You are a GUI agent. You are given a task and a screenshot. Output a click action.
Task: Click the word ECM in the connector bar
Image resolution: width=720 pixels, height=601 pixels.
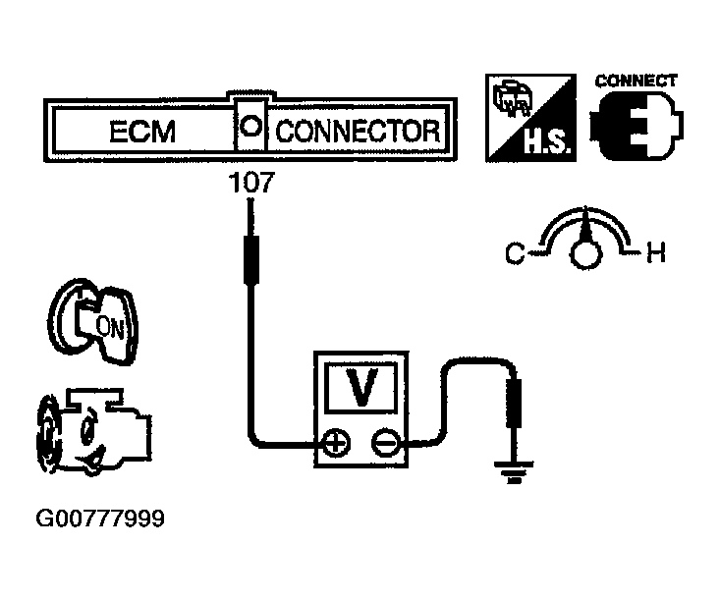pos(141,132)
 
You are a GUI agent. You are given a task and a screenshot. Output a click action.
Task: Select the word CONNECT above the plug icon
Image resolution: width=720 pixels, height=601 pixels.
pos(637,82)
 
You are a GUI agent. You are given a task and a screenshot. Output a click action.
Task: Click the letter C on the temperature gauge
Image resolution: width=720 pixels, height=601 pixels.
pos(515,255)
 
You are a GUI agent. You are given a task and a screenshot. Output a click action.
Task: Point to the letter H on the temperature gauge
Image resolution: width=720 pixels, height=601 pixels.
pos(656,255)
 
